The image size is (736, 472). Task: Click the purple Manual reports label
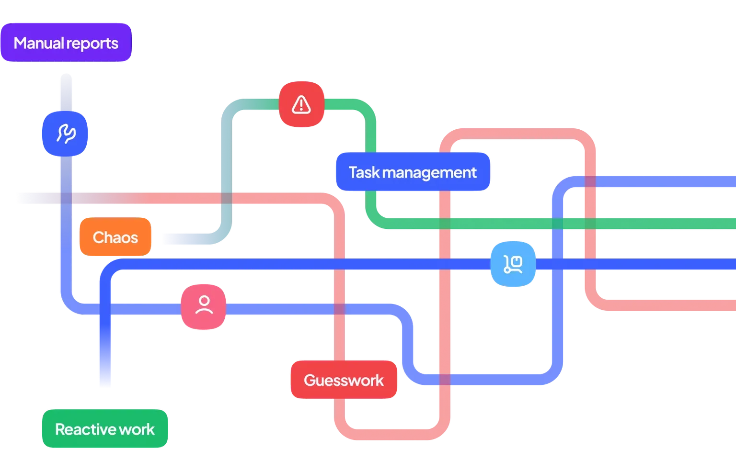pos(66,43)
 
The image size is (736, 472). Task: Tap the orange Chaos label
pos(115,237)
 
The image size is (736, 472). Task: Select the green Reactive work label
pos(105,429)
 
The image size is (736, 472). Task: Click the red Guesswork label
pos(344,380)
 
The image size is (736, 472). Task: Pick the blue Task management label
pos(412,172)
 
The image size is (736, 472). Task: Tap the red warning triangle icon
pos(301,104)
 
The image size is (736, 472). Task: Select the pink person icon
pos(204,307)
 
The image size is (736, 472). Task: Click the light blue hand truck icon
pos(513,264)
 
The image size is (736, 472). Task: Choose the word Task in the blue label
pos(364,172)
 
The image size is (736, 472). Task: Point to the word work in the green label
pos(137,429)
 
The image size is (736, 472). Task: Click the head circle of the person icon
pos(204,301)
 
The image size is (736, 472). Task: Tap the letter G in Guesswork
pos(310,380)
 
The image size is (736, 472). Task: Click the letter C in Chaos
pos(98,237)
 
